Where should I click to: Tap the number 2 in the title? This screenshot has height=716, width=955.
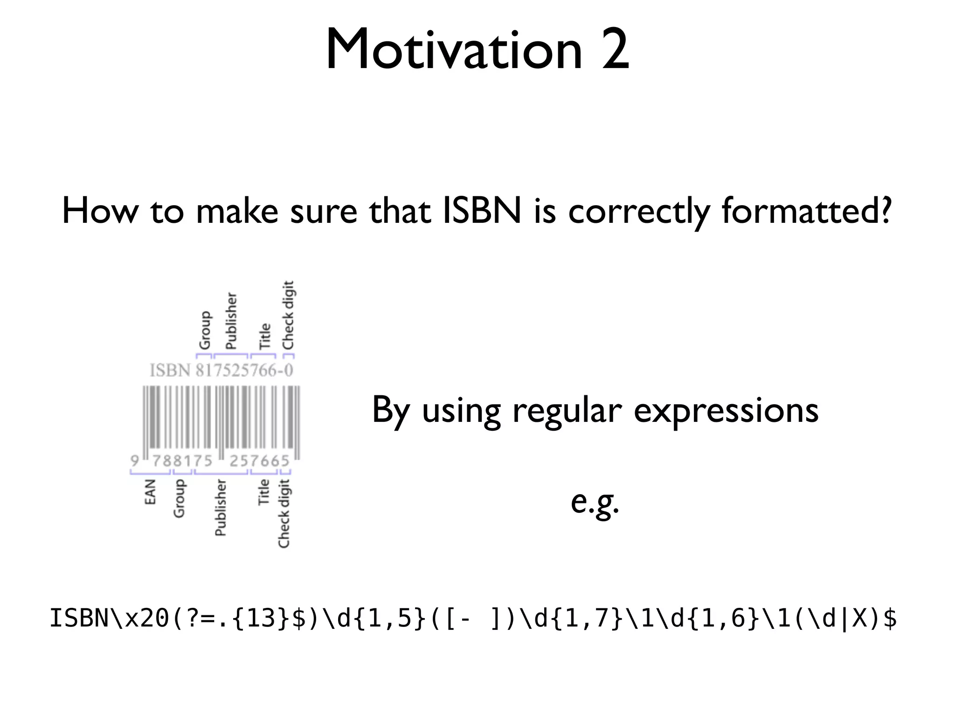(x=615, y=50)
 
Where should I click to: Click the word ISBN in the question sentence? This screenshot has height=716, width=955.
(x=481, y=211)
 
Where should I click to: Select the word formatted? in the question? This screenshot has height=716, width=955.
(x=807, y=211)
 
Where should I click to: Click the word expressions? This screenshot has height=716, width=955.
(x=726, y=411)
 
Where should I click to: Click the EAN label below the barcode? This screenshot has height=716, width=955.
(x=150, y=492)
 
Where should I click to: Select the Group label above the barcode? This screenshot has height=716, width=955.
(x=205, y=330)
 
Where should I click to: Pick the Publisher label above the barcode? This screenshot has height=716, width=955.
(x=231, y=321)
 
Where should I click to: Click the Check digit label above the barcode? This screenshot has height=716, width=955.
(x=289, y=316)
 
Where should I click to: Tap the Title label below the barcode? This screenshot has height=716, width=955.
(x=264, y=492)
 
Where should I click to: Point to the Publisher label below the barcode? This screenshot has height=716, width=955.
(x=220, y=508)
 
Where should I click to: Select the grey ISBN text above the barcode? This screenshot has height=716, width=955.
(x=170, y=371)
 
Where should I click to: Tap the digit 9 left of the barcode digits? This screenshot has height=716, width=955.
(x=135, y=461)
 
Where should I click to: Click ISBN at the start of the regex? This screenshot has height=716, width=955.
(x=79, y=619)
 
